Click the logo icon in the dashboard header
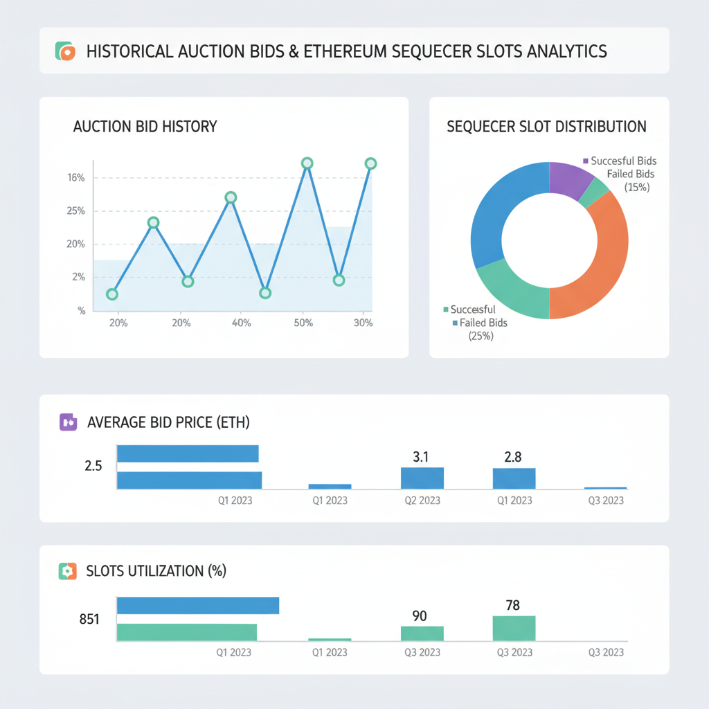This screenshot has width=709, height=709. pyautogui.click(x=64, y=51)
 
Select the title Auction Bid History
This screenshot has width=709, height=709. pyautogui.click(x=145, y=127)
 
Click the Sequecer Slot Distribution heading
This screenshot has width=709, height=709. pyautogui.click(x=547, y=127)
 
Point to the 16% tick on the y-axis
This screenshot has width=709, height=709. pyautogui.click(x=76, y=178)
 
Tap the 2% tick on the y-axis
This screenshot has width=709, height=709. pyautogui.click(x=78, y=277)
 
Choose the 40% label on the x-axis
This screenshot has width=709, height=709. pyautogui.click(x=241, y=323)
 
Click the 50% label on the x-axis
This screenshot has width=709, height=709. pyautogui.click(x=303, y=323)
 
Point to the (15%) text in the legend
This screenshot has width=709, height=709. pyautogui.click(x=636, y=187)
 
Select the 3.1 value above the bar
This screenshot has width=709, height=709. pyautogui.click(x=421, y=457)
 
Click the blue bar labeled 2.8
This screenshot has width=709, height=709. pyautogui.click(x=514, y=478)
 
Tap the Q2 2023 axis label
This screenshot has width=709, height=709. pyautogui.click(x=421, y=500)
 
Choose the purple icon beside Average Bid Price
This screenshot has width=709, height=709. pyautogui.click(x=68, y=422)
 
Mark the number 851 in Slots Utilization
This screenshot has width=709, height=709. pyautogui.click(x=89, y=620)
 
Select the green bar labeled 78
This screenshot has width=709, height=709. pyautogui.click(x=514, y=628)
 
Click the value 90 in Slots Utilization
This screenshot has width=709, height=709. pyautogui.click(x=420, y=616)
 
